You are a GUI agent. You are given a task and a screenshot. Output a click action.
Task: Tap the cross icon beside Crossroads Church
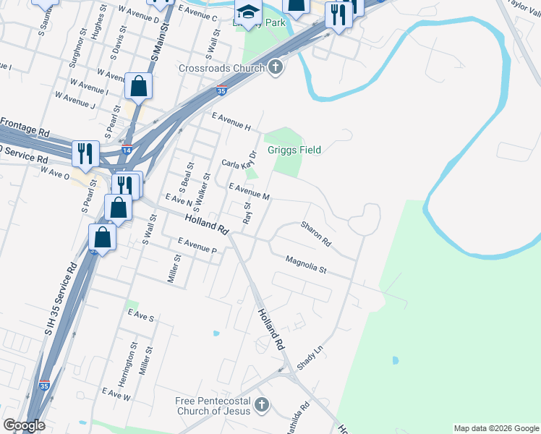pyautogui.click(x=275, y=69)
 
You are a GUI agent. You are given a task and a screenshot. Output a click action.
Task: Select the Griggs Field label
pyautogui.click(x=294, y=150)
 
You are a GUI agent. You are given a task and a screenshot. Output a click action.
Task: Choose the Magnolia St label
pyautogui.click(x=307, y=264)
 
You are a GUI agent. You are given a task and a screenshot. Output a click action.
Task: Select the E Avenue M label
pyautogui.click(x=249, y=192)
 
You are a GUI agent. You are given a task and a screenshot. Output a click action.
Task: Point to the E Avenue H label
pyautogui.click(x=231, y=122)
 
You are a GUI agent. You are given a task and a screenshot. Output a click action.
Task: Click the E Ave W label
pyautogui.click(x=116, y=395)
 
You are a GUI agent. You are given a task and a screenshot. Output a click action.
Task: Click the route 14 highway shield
pyautogui.click(x=127, y=150)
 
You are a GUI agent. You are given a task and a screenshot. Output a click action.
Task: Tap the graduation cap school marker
pyautogui.click(x=247, y=12)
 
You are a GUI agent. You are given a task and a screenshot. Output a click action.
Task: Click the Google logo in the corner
pyautogui.click(x=23, y=425)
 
